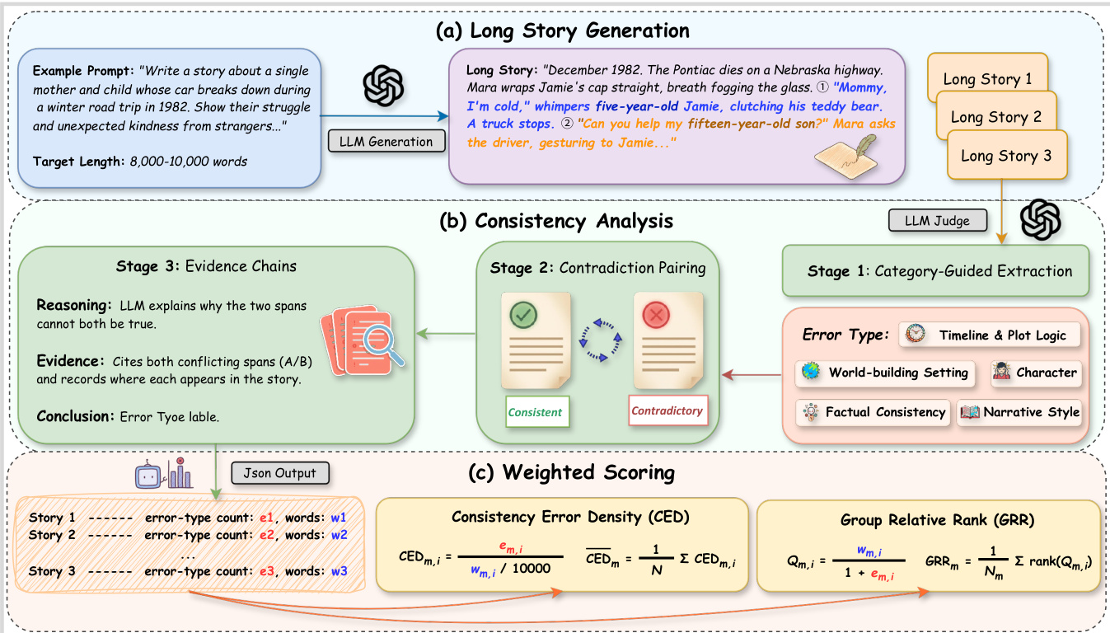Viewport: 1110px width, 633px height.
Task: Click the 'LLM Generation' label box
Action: pos(386,141)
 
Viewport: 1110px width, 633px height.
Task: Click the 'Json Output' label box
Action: pos(280,472)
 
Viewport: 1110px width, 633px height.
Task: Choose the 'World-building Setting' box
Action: pos(885,373)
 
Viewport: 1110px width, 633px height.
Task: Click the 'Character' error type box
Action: pos(1036,373)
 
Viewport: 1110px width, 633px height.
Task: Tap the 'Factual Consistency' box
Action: pos(873,412)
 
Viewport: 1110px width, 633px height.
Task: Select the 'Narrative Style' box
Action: pos(1019,412)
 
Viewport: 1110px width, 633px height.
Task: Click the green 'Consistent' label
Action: pos(535,412)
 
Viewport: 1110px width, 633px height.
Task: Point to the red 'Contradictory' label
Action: pos(667,410)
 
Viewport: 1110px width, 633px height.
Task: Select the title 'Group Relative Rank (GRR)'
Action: pos(928,520)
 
